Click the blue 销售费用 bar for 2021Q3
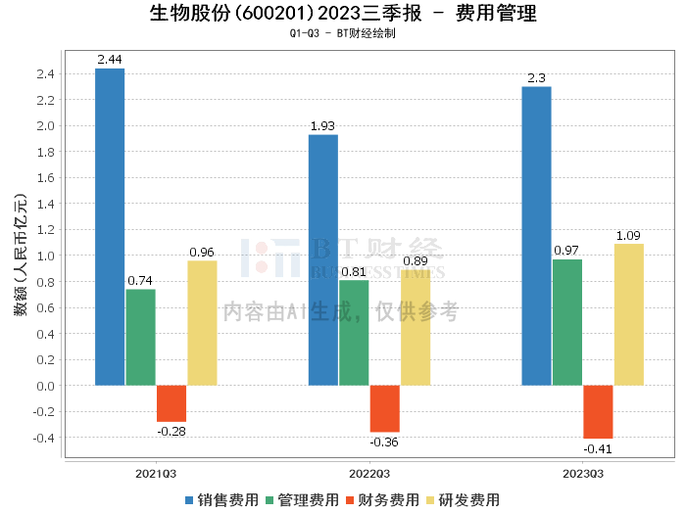tap(109, 226)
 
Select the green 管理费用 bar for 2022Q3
tap(354, 332)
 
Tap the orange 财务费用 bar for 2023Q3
tap(598, 411)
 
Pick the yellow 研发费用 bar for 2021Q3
tap(202, 322)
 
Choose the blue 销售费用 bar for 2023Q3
tap(536, 235)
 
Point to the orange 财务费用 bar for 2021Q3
tap(171, 402)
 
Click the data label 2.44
tap(109, 60)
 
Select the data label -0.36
tap(384, 442)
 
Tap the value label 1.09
tap(629, 236)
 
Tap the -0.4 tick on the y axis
tap(43, 437)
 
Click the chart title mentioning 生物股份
tap(343, 14)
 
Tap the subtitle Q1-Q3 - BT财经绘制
tap(343, 33)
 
